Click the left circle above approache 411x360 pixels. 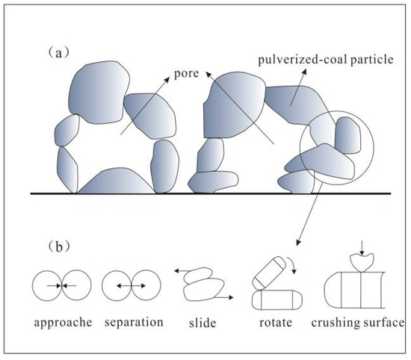[x=47, y=285]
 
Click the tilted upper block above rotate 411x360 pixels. [x=267, y=271]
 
